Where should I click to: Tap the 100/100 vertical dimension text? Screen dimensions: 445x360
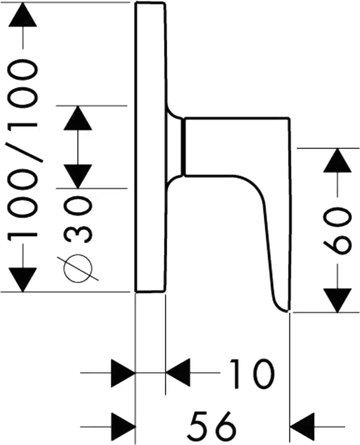click(25, 148)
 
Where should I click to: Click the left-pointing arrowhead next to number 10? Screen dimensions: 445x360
click(179, 373)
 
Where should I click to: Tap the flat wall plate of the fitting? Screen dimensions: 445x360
click(150, 148)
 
